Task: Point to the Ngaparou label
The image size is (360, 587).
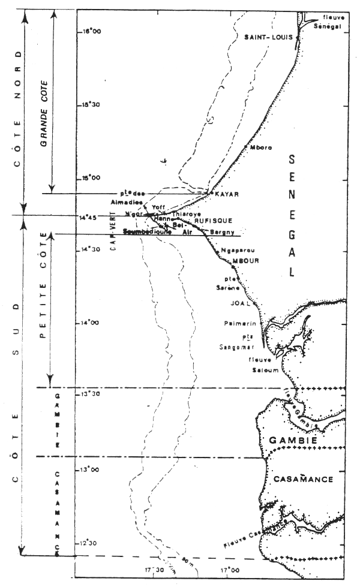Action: coord(233,250)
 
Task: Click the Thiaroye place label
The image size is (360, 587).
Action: coord(184,213)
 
